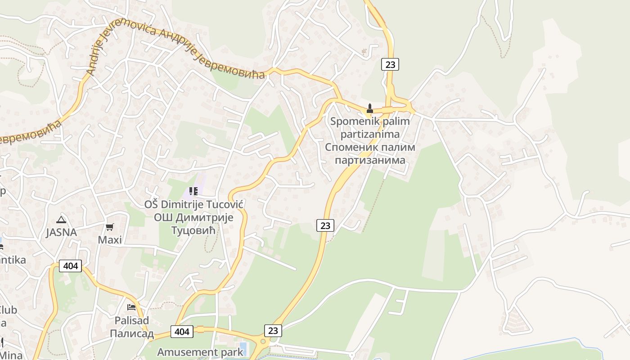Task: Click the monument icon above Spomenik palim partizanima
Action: click(370, 108)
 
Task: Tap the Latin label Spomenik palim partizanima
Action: click(370, 127)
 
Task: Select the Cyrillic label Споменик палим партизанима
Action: click(370, 153)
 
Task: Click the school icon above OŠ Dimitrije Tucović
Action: click(193, 191)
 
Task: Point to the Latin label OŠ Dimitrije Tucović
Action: click(193, 205)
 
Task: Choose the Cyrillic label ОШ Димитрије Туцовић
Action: click(193, 224)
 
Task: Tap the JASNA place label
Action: click(61, 233)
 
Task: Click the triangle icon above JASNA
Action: click(61, 220)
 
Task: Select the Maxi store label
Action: click(110, 240)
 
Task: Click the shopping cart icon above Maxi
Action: click(110, 227)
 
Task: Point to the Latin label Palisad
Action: click(132, 321)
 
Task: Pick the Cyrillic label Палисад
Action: click(132, 333)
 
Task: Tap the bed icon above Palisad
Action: click(131, 307)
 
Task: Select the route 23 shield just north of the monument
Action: click(390, 64)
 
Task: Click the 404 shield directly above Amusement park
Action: click(182, 332)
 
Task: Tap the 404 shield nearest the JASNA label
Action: click(71, 266)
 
